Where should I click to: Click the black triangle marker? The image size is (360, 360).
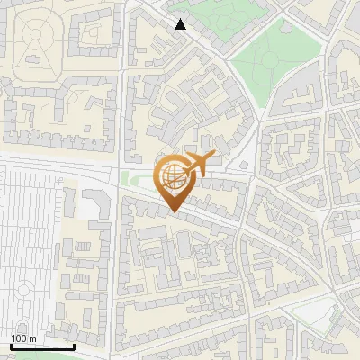pos(181,24)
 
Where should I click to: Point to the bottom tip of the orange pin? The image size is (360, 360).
pos(173,211)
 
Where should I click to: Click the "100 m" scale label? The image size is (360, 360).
pos(23,338)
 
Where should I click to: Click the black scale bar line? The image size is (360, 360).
pos(42,346)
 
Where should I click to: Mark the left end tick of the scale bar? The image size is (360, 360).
pos(11,345)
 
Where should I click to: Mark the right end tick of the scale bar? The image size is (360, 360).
pos(74,345)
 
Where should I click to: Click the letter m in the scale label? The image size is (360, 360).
pos(31,338)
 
